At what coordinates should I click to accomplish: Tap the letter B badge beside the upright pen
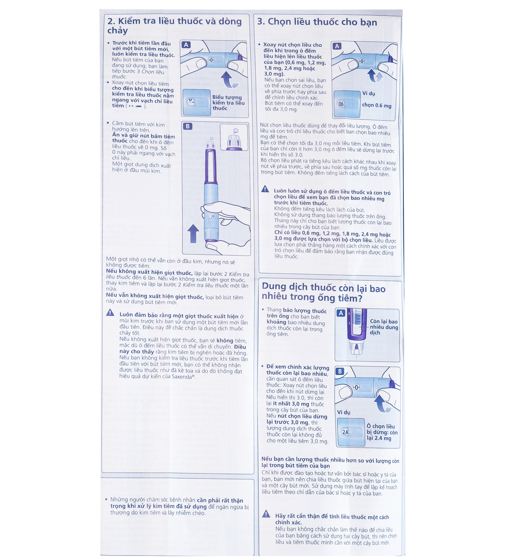(187, 126)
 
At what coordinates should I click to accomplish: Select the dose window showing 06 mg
(346, 104)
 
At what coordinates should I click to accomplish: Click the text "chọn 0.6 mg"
(376, 105)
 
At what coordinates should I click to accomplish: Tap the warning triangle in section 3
(265, 189)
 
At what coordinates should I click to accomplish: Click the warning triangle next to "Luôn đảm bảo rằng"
(110, 313)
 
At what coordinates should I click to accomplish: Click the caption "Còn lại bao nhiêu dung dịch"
(384, 327)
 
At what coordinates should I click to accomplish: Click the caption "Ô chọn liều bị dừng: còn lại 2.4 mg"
(382, 432)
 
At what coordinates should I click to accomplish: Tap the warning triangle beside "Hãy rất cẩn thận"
(266, 514)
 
